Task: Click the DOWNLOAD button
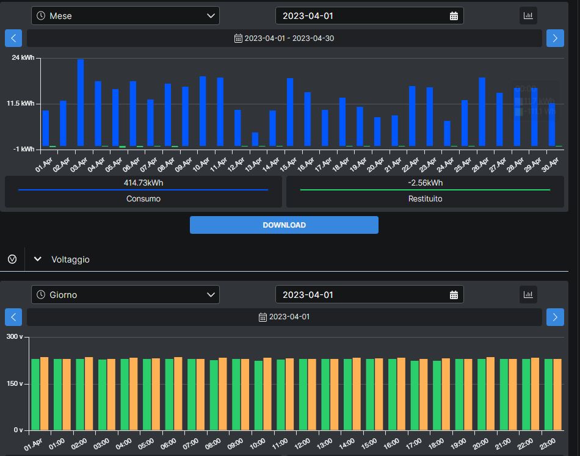[284, 225]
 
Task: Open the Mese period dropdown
[125, 16]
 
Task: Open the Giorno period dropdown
[125, 295]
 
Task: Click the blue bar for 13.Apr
[255, 139]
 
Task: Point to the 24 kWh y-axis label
[23, 57]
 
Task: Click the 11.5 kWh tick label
[21, 103]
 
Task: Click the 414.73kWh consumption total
[143, 183]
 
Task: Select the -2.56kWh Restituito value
[426, 183]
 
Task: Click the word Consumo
[143, 198]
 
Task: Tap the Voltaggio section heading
[70, 259]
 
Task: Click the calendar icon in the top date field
[454, 16]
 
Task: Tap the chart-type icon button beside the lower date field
[528, 294]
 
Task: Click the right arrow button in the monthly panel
[555, 38]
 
